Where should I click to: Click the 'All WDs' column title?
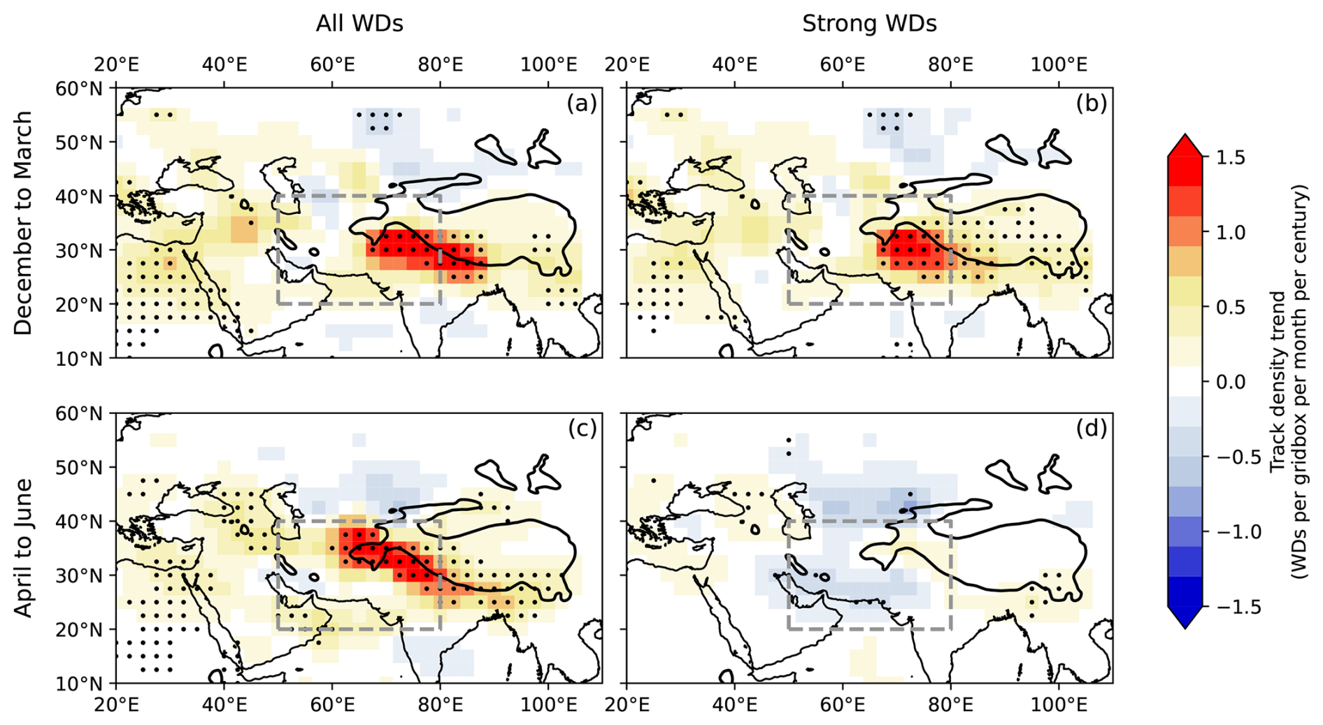359,24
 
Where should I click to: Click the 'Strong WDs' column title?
868,24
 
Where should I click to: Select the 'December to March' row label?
24,223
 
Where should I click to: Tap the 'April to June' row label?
24,547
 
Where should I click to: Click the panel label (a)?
582,103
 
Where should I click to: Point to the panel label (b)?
1092,103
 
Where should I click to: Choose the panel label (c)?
582,429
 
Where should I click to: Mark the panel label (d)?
1092,429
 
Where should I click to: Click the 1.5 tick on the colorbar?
1230,157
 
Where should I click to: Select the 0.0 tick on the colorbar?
1230,382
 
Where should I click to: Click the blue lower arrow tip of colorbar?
1185,625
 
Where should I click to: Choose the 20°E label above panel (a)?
116,65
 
